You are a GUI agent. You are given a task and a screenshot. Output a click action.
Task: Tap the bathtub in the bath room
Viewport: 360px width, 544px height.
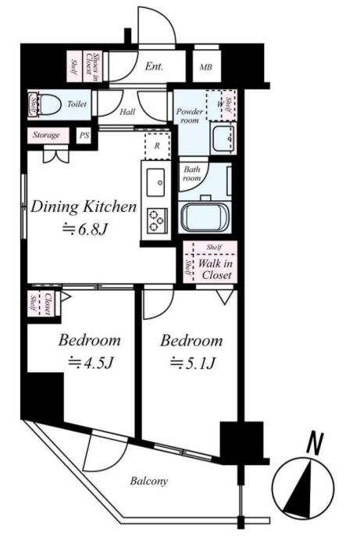(x=205, y=217)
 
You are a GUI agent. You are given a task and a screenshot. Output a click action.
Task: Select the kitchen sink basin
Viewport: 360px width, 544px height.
(x=155, y=182)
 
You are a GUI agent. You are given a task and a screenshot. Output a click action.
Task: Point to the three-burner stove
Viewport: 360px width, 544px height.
(x=157, y=220)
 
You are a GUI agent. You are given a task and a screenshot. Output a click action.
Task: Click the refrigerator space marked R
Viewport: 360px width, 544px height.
(x=157, y=145)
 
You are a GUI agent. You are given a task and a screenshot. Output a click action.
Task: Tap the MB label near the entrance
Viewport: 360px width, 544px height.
(x=206, y=67)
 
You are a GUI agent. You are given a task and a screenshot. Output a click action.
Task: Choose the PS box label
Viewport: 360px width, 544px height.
(x=84, y=135)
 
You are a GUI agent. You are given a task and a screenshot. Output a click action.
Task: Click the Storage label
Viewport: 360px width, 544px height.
(x=46, y=135)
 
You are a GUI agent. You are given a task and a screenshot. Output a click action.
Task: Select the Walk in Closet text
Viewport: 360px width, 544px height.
(x=216, y=269)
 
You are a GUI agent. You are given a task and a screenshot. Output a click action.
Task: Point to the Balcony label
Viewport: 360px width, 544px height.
(x=149, y=481)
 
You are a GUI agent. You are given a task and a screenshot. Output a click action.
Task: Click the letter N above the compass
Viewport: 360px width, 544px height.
(x=315, y=442)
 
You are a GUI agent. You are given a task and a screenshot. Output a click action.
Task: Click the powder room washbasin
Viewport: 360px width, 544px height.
(x=223, y=138)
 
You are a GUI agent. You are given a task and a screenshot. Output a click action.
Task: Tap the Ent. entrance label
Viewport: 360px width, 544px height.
(x=154, y=66)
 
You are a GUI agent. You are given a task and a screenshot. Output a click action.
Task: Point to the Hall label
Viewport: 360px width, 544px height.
(x=127, y=112)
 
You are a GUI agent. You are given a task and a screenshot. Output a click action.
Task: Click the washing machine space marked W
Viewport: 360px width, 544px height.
(x=219, y=105)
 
